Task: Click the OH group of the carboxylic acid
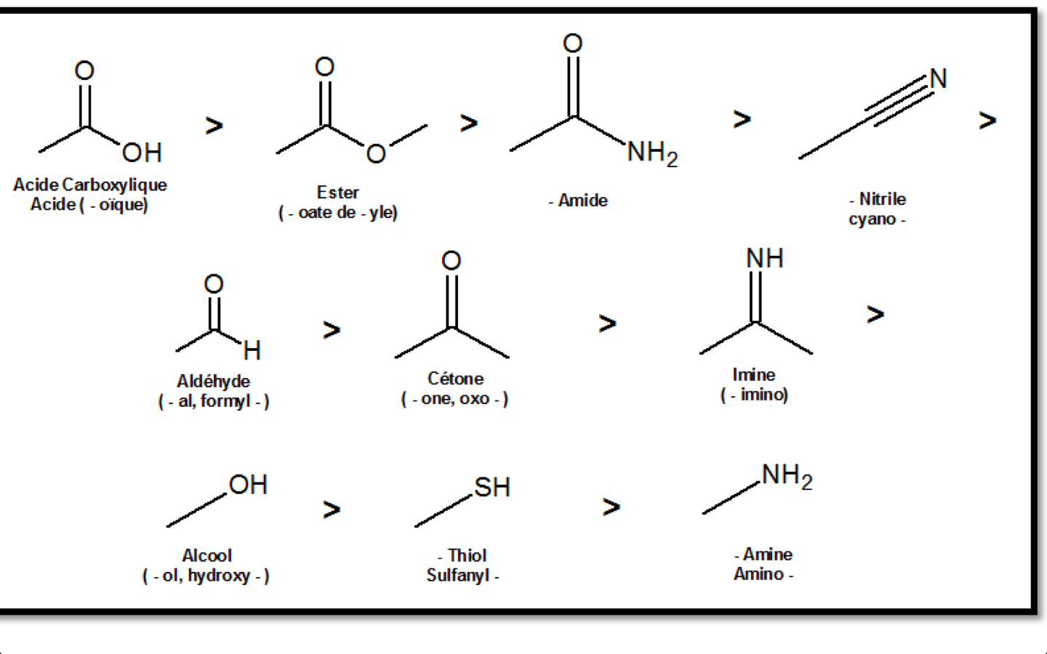pyautogui.click(x=142, y=153)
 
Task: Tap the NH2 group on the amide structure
pyautogui.click(x=651, y=153)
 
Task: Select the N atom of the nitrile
pyautogui.click(x=938, y=78)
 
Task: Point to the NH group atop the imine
pyautogui.click(x=764, y=258)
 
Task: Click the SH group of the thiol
pyautogui.click(x=492, y=487)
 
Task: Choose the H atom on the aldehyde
pyautogui.click(x=252, y=351)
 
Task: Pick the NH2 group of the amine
pyautogui.click(x=787, y=476)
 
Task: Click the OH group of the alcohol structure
pyautogui.click(x=248, y=485)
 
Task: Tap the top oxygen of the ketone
pyautogui.click(x=451, y=260)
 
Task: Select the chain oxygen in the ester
pyautogui.click(x=375, y=153)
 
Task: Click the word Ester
pyautogui.click(x=337, y=193)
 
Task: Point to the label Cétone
pyautogui.click(x=455, y=379)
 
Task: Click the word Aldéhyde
pyautogui.click(x=213, y=381)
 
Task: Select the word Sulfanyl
pyautogui.click(x=458, y=576)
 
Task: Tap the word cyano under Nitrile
pyautogui.click(x=872, y=219)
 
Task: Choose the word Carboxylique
pyautogui.click(x=115, y=185)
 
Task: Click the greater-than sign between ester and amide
pyautogui.click(x=469, y=123)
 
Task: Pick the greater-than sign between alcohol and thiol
pyautogui.click(x=332, y=509)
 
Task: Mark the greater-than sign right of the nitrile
pyautogui.click(x=987, y=120)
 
